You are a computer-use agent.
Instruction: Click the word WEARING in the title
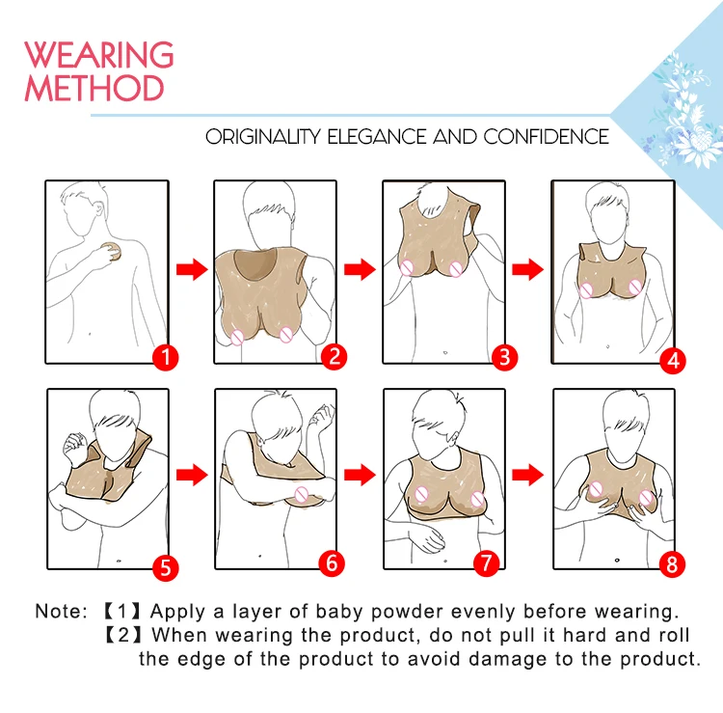click(99, 54)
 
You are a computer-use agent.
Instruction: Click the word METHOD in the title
click(94, 88)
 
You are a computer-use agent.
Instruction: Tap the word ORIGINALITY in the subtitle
click(263, 137)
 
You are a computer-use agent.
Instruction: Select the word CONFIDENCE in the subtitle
click(547, 137)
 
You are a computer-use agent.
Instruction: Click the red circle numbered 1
click(166, 357)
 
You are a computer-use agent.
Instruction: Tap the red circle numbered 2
click(335, 356)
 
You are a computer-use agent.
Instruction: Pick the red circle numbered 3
click(504, 357)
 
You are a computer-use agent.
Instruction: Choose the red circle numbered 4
click(673, 361)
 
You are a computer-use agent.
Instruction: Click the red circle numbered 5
click(166, 567)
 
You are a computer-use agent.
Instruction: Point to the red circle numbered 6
click(332, 563)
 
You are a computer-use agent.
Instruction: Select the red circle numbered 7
click(487, 563)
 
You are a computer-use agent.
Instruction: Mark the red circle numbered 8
click(672, 564)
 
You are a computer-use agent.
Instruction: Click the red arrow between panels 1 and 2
click(192, 269)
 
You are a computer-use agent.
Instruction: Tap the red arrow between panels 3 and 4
click(528, 269)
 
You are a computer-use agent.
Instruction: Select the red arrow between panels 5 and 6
click(192, 475)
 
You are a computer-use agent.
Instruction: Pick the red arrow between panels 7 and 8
click(528, 475)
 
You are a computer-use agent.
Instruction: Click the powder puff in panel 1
click(113, 252)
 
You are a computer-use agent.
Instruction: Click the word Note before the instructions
click(61, 611)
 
